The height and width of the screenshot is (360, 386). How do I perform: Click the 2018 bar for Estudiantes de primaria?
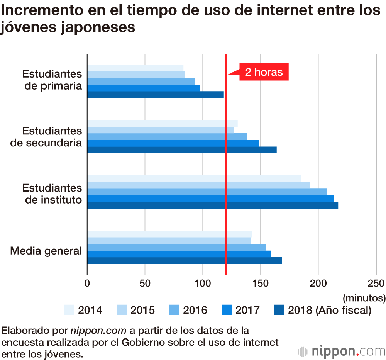coord(155,95)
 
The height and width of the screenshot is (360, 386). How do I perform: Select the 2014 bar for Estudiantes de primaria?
coord(135,68)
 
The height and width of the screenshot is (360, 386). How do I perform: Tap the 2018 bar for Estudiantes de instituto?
coord(212,205)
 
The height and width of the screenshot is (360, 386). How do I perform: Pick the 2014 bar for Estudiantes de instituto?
coord(194,178)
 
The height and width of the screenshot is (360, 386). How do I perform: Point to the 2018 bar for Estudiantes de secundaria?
coord(181,150)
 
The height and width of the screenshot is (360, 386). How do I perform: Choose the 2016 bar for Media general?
coord(176,247)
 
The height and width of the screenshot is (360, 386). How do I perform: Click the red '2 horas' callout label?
coord(264,72)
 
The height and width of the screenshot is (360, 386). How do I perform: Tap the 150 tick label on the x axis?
coord(261,283)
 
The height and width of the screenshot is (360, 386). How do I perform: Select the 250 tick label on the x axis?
coord(376,283)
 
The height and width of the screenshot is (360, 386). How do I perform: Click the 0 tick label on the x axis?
coord(87,283)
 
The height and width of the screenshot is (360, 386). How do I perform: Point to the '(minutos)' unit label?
coord(364,298)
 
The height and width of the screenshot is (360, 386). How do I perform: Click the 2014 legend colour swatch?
coord(69,310)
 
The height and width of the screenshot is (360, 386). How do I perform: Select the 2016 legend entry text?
coord(195,310)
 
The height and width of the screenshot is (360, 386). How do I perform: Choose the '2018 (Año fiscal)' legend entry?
coord(329,310)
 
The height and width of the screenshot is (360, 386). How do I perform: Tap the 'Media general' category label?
coord(46,251)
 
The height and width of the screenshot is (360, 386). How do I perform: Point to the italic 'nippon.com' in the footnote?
coord(98,331)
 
